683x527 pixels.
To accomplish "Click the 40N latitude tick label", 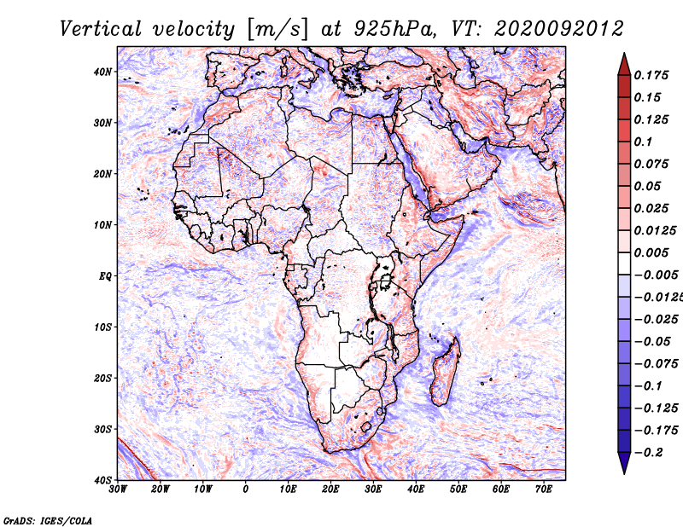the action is [x=102, y=72].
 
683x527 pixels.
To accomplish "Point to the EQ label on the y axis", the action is [x=105, y=276].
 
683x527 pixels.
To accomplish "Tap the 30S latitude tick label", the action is [x=102, y=430].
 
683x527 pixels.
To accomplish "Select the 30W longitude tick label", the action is [x=118, y=489].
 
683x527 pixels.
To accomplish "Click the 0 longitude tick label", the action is [x=246, y=489].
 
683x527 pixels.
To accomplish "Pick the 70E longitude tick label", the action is [x=544, y=489].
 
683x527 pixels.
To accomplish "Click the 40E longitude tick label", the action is [x=416, y=489].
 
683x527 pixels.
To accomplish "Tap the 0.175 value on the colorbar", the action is [x=651, y=76].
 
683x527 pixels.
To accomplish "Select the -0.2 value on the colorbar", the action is [x=649, y=453].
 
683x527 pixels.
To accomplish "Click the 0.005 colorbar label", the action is [x=651, y=252].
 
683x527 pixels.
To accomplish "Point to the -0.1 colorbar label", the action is [x=649, y=386].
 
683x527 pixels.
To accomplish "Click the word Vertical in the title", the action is [x=101, y=29].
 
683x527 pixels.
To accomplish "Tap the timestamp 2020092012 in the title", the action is [x=559, y=29].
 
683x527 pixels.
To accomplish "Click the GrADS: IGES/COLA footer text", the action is [x=48, y=521].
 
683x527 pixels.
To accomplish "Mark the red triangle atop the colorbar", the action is [x=624, y=64].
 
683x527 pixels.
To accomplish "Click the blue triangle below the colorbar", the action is [x=624, y=463].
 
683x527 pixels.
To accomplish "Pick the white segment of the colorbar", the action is [x=624, y=263].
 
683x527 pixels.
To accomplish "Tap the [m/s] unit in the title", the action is [x=278, y=29].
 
